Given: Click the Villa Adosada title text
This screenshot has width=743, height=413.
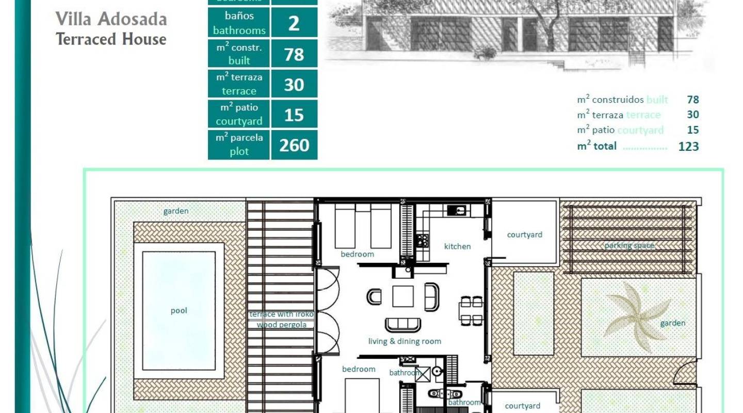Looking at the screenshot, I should pyautogui.click(x=111, y=19).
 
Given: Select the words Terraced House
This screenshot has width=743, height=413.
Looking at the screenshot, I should pyautogui.click(x=111, y=39).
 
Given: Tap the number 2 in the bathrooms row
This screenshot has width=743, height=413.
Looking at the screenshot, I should pyautogui.click(x=294, y=23).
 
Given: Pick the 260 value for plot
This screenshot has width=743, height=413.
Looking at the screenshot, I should pyautogui.click(x=294, y=145).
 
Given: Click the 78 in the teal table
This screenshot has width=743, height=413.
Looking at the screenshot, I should pyautogui.click(x=294, y=54).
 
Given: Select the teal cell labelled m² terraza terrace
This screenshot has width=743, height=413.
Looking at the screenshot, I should pyautogui.click(x=239, y=84).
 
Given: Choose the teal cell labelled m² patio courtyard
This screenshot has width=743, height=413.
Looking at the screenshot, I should pyautogui.click(x=239, y=115).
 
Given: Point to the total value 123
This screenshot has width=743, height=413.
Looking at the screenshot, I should pyautogui.click(x=688, y=146).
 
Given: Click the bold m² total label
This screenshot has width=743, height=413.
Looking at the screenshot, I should pyautogui.click(x=596, y=146).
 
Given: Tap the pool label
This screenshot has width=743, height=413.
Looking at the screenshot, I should pyautogui.click(x=179, y=311).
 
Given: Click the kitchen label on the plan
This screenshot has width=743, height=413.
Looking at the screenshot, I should pyautogui.click(x=457, y=246).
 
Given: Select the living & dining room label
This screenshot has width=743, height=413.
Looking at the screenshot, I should pyautogui.click(x=405, y=341).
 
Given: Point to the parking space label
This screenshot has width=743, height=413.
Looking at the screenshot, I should pyautogui.click(x=629, y=246).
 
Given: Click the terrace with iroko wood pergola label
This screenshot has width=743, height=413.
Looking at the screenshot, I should pyautogui.click(x=281, y=320).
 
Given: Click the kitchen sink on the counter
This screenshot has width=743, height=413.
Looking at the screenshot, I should pyautogui.click(x=457, y=210).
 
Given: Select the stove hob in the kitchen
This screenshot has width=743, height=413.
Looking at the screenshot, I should pyautogui.click(x=422, y=240).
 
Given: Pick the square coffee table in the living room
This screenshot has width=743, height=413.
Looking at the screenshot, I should pyautogui.click(x=402, y=296).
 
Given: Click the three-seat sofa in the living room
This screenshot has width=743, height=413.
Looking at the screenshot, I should pyautogui.click(x=402, y=325).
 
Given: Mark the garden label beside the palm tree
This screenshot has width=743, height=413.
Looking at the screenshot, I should pyautogui.click(x=672, y=323).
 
